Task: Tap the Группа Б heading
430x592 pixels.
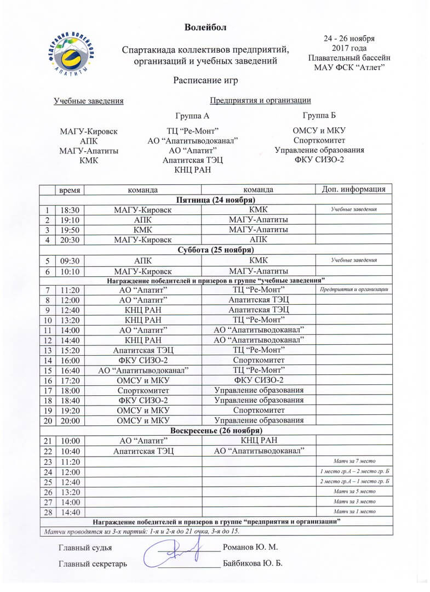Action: [x=319, y=115]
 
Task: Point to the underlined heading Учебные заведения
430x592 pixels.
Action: [x=88, y=100]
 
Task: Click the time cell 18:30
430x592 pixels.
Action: [x=70, y=209]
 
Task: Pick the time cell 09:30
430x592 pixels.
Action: [x=70, y=261]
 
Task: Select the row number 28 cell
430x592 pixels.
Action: [x=48, y=512]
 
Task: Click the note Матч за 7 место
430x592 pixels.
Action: [x=354, y=462]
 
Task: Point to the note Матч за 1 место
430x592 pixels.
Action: [x=354, y=512]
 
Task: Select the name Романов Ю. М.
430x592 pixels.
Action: [x=251, y=548]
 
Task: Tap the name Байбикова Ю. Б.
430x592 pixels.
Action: [x=253, y=563]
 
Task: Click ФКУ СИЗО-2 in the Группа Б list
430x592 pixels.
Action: [x=319, y=160]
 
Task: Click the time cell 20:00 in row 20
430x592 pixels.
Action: [x=70, y=420]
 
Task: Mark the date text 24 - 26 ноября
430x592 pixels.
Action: [x=349, y=39]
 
